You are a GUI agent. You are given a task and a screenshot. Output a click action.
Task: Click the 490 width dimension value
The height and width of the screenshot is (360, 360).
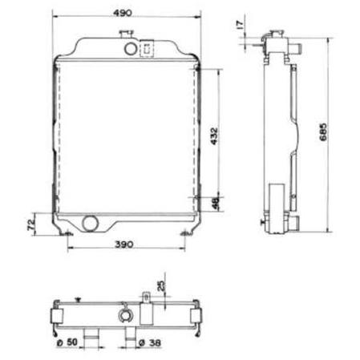(123, 13)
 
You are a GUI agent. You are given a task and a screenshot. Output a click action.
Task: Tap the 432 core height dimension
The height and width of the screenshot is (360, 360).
(214, 136)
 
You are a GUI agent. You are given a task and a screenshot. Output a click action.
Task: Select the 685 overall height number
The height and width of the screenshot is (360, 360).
(323, 131)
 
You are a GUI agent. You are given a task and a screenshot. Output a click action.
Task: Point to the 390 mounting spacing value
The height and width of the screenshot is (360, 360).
(124, 245)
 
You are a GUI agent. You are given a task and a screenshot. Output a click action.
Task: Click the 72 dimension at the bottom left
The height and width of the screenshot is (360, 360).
(31, 224)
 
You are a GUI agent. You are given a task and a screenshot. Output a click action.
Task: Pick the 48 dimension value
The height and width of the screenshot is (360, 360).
(216, 203)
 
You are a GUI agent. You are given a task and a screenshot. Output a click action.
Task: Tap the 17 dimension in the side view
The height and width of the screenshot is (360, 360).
(241, 25)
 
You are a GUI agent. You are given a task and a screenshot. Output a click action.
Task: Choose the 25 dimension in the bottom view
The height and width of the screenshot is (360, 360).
(161, 285)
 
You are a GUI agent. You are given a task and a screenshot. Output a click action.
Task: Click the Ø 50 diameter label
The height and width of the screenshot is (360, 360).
(67, 342)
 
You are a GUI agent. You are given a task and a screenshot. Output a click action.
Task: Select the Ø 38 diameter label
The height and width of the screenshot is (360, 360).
(151, 342)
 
